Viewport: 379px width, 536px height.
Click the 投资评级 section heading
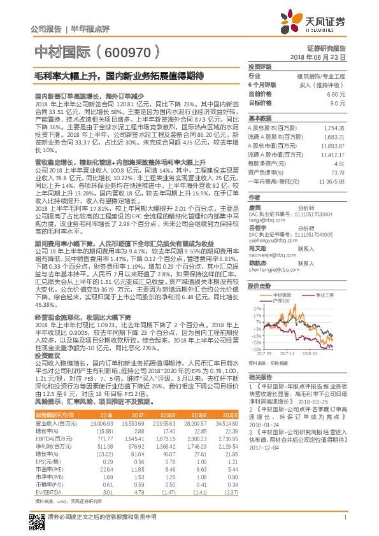(259, 66)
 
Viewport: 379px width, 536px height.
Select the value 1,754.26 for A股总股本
(334, 128)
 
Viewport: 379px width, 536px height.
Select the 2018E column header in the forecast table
(164, 413)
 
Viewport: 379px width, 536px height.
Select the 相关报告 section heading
(259, 377)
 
